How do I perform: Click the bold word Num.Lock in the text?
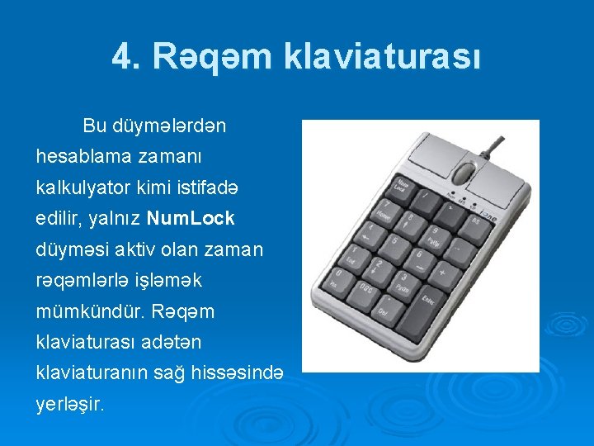(x=191, y=218)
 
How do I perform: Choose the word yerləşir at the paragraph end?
(x=71, y=406)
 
